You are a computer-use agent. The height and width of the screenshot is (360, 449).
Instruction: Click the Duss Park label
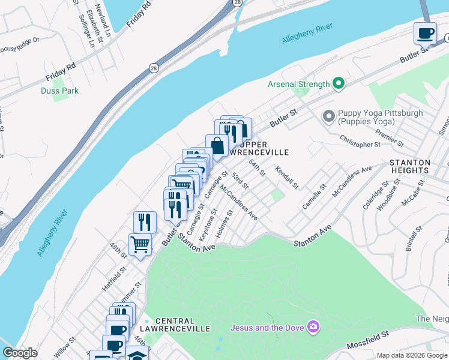point(59,91)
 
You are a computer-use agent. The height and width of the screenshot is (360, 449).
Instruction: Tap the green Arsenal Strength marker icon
point(338,84)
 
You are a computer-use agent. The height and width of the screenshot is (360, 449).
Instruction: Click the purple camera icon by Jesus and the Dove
point(312,327)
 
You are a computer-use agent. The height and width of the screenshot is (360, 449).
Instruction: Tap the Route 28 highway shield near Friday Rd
point(154,68)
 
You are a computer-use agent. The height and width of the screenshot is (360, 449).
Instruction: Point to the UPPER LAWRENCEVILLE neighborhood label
point(263,148)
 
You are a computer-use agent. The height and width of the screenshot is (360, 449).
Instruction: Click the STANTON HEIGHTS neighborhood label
point(410,167)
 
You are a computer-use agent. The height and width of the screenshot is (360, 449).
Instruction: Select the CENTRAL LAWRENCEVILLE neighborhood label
point(182,325)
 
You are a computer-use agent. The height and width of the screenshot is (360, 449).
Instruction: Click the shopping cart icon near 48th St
point(140,244)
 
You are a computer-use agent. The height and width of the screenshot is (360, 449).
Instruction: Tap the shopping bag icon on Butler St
point(217,145)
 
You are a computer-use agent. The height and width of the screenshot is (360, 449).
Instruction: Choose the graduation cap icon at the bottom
point(137,355)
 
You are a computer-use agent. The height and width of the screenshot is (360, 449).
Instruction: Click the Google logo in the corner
point(20,353)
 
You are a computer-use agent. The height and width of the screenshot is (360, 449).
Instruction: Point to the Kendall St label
point(287,178)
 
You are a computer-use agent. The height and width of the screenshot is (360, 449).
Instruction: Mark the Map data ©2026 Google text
point(411,355)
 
